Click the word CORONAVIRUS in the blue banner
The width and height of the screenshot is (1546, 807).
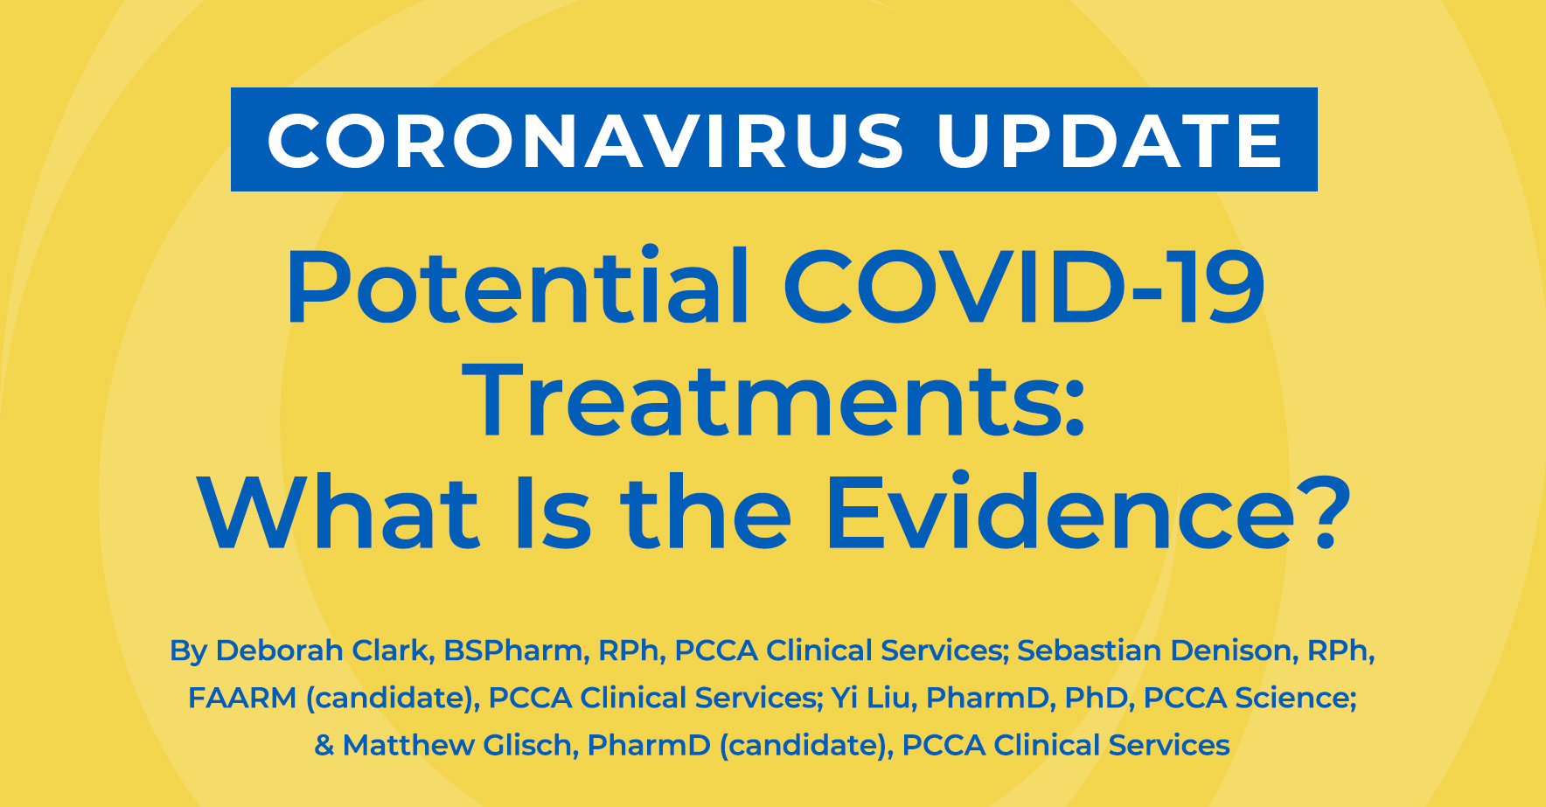pyautogui.click(x=586, y=141)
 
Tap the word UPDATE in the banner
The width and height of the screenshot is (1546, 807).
pyautogui.click(x=1110, y=141)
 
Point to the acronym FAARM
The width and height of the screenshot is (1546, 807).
pyautogui.click(x=242, y=698)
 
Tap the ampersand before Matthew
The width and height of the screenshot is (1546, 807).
pyautogui.click(x=324, y=745)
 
